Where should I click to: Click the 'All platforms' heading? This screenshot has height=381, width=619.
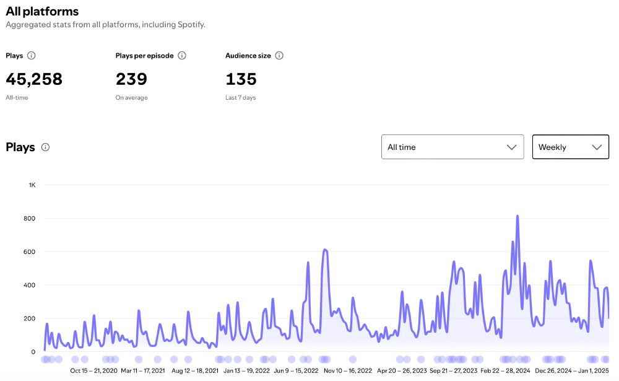pyautogui.click(x=42, y=11)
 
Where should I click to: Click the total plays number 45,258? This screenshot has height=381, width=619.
pyautogui.click(x=34, y=79)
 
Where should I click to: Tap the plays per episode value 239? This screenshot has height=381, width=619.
pyautogui.click(x=131, y=79)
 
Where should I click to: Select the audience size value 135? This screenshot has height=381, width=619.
pyautogui.click(x=241, y=79)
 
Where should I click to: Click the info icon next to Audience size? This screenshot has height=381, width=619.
pyautogui.click(x=279, y=56)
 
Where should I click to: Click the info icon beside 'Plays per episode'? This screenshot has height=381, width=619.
pyautogui.click(x=182, y=56)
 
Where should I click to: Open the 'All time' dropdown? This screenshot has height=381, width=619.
pyautogui.click(x=452, y=147)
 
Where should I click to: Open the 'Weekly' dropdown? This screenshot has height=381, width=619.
pyautogui.click(x=570, y=147)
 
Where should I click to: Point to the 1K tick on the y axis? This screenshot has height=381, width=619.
pyautogui.click(x=32, y=185)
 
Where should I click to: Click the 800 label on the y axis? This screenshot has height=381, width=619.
pyautogui.click(x=30, y=219)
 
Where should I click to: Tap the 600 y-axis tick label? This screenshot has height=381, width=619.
pyautogui.click(x=30, y=252)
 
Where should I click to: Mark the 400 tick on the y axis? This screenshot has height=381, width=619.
pyautogui.click(x=30, y=286)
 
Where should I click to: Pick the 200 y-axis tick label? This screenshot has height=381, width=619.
pyautogui.click(x=30, y=319)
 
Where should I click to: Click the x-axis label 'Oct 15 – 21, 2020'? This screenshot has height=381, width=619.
pyautogui.click(x=93, y=371)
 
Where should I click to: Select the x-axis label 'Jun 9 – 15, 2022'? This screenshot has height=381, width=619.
pyautogui.click(x=296, y=371)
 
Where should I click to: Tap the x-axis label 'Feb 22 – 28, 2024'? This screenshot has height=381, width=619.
pyautogui.click(x=505, y=371)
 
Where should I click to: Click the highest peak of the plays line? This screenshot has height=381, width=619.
pyautogui.click(x=517, y=216)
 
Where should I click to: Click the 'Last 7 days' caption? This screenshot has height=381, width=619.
pyautogui.click(x=240, y=98)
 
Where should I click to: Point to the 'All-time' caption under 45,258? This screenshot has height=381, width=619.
pyautogui.click(x=17, y=98)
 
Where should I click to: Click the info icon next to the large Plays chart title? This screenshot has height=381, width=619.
pyautogui.click(x=45, y=147)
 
